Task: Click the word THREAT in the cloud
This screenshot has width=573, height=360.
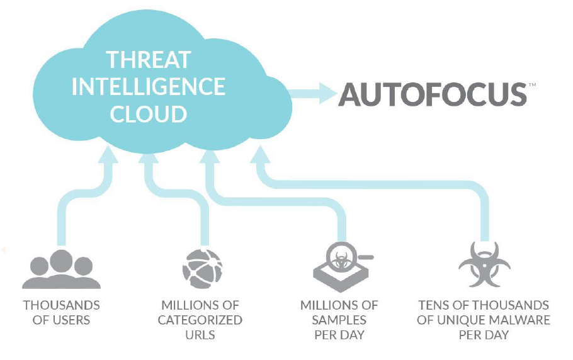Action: click(148, 59)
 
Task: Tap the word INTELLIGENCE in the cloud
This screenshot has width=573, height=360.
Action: click(148, 86)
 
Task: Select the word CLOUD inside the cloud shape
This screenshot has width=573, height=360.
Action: click(148, 114)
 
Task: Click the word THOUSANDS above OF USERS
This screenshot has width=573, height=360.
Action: click(62, 305)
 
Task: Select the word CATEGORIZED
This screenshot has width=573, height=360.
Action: click(200, 320)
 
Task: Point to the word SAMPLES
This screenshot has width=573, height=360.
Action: click(339, 320)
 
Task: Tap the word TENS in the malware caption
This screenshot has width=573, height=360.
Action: click(433, 305)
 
